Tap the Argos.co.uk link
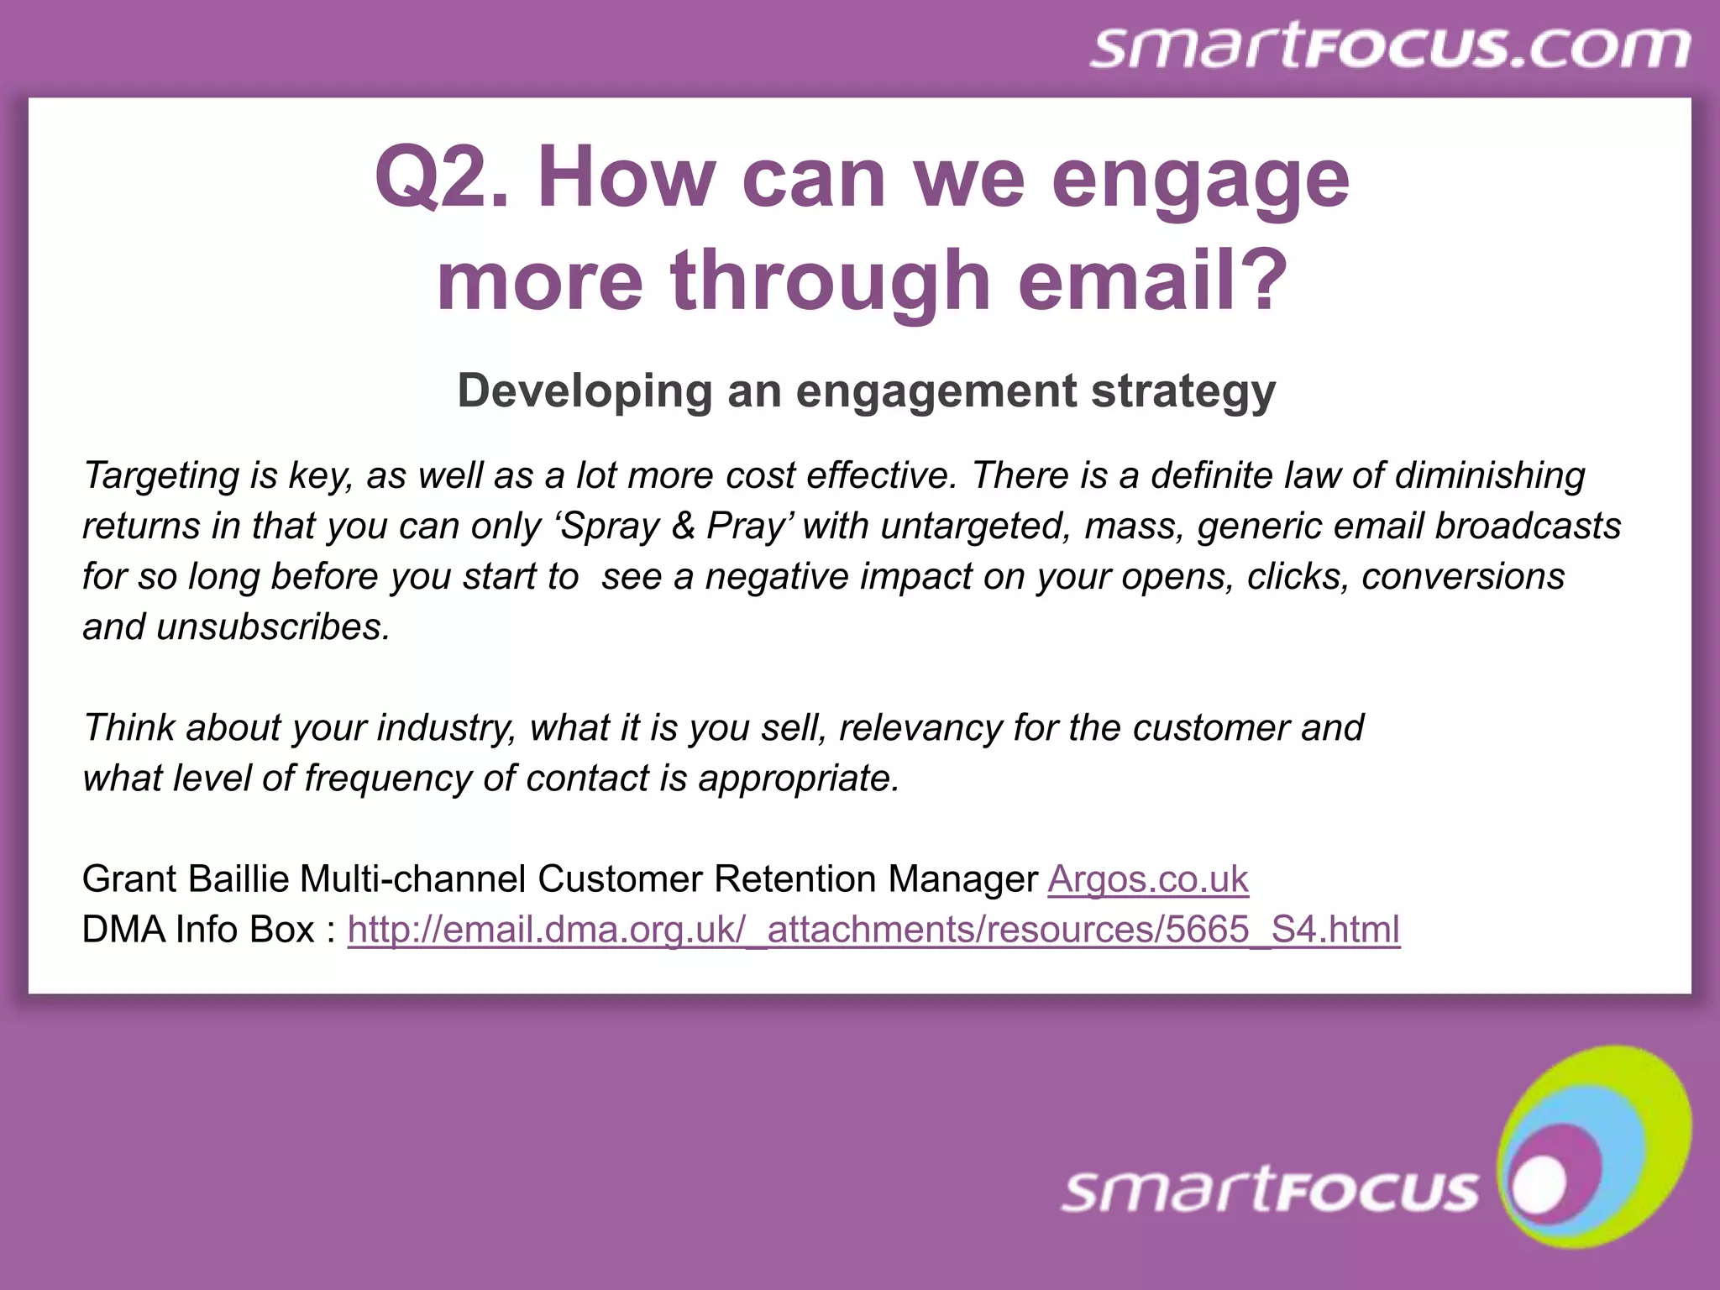pyautogui.click(x=1148, y=879)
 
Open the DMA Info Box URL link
pyautogui.click(x=873, y=930)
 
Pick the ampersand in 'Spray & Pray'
pyautogui.click(x=684, y=526)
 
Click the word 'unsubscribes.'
pyautogui.click(x=273, y=627)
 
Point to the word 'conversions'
pyautogui.click(x=1463, y=576)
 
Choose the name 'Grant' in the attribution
pyautogui.click(x=129, y=879)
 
